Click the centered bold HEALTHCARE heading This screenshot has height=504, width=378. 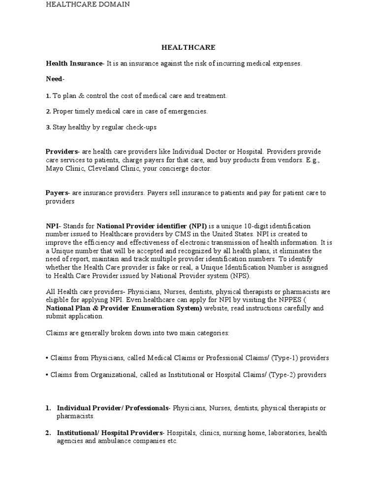click(189, 48)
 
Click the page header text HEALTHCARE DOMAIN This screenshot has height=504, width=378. click(88, 4)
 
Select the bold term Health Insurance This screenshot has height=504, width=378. click(74, 63)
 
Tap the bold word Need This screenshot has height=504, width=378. click(54, 79)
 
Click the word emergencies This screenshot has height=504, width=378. click(187, 111)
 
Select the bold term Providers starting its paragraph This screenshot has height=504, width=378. click(62, 152)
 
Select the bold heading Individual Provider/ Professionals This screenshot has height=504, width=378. click(113, 408)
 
